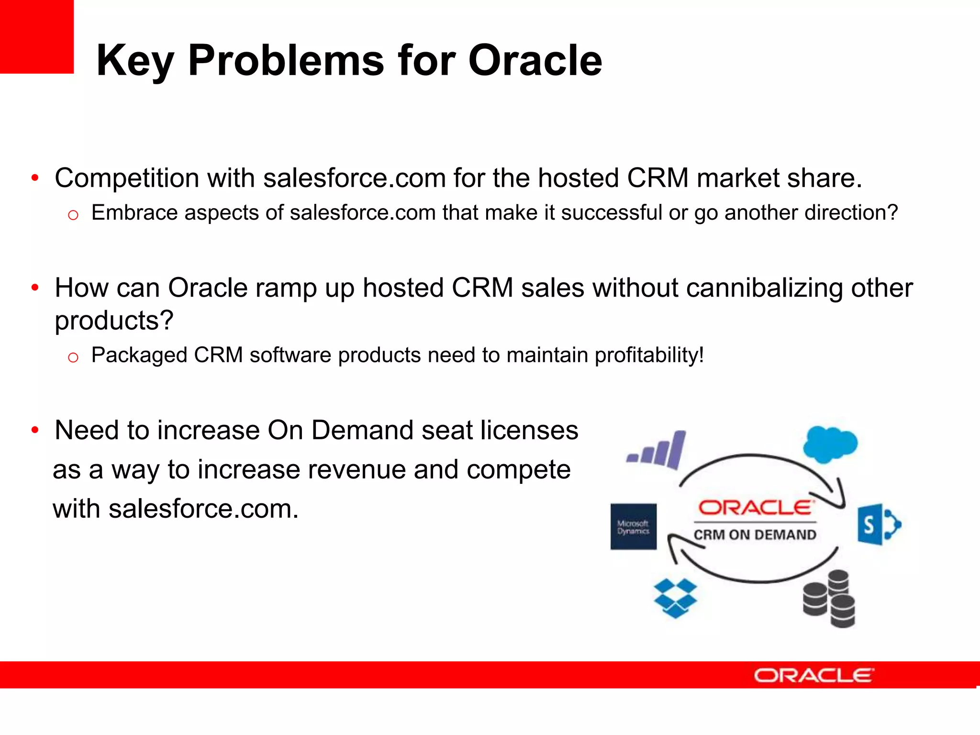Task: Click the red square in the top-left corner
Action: click(36, 36)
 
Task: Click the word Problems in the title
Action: click(286, 61)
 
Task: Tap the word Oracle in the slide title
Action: click(535, 61)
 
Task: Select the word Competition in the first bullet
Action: click(126, 178)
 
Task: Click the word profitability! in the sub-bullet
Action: click(649, 356)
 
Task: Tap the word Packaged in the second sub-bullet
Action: click(139, 356)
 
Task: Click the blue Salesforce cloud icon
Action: click(830, 444)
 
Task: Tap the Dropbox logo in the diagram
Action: click(675, 598)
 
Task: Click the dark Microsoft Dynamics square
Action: click(633, 526)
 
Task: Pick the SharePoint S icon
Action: click(877, 524)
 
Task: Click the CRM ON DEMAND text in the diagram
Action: click(755, 535)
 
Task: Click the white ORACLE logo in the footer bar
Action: click(813, 675)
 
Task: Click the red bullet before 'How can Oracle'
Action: click(35, 288)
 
